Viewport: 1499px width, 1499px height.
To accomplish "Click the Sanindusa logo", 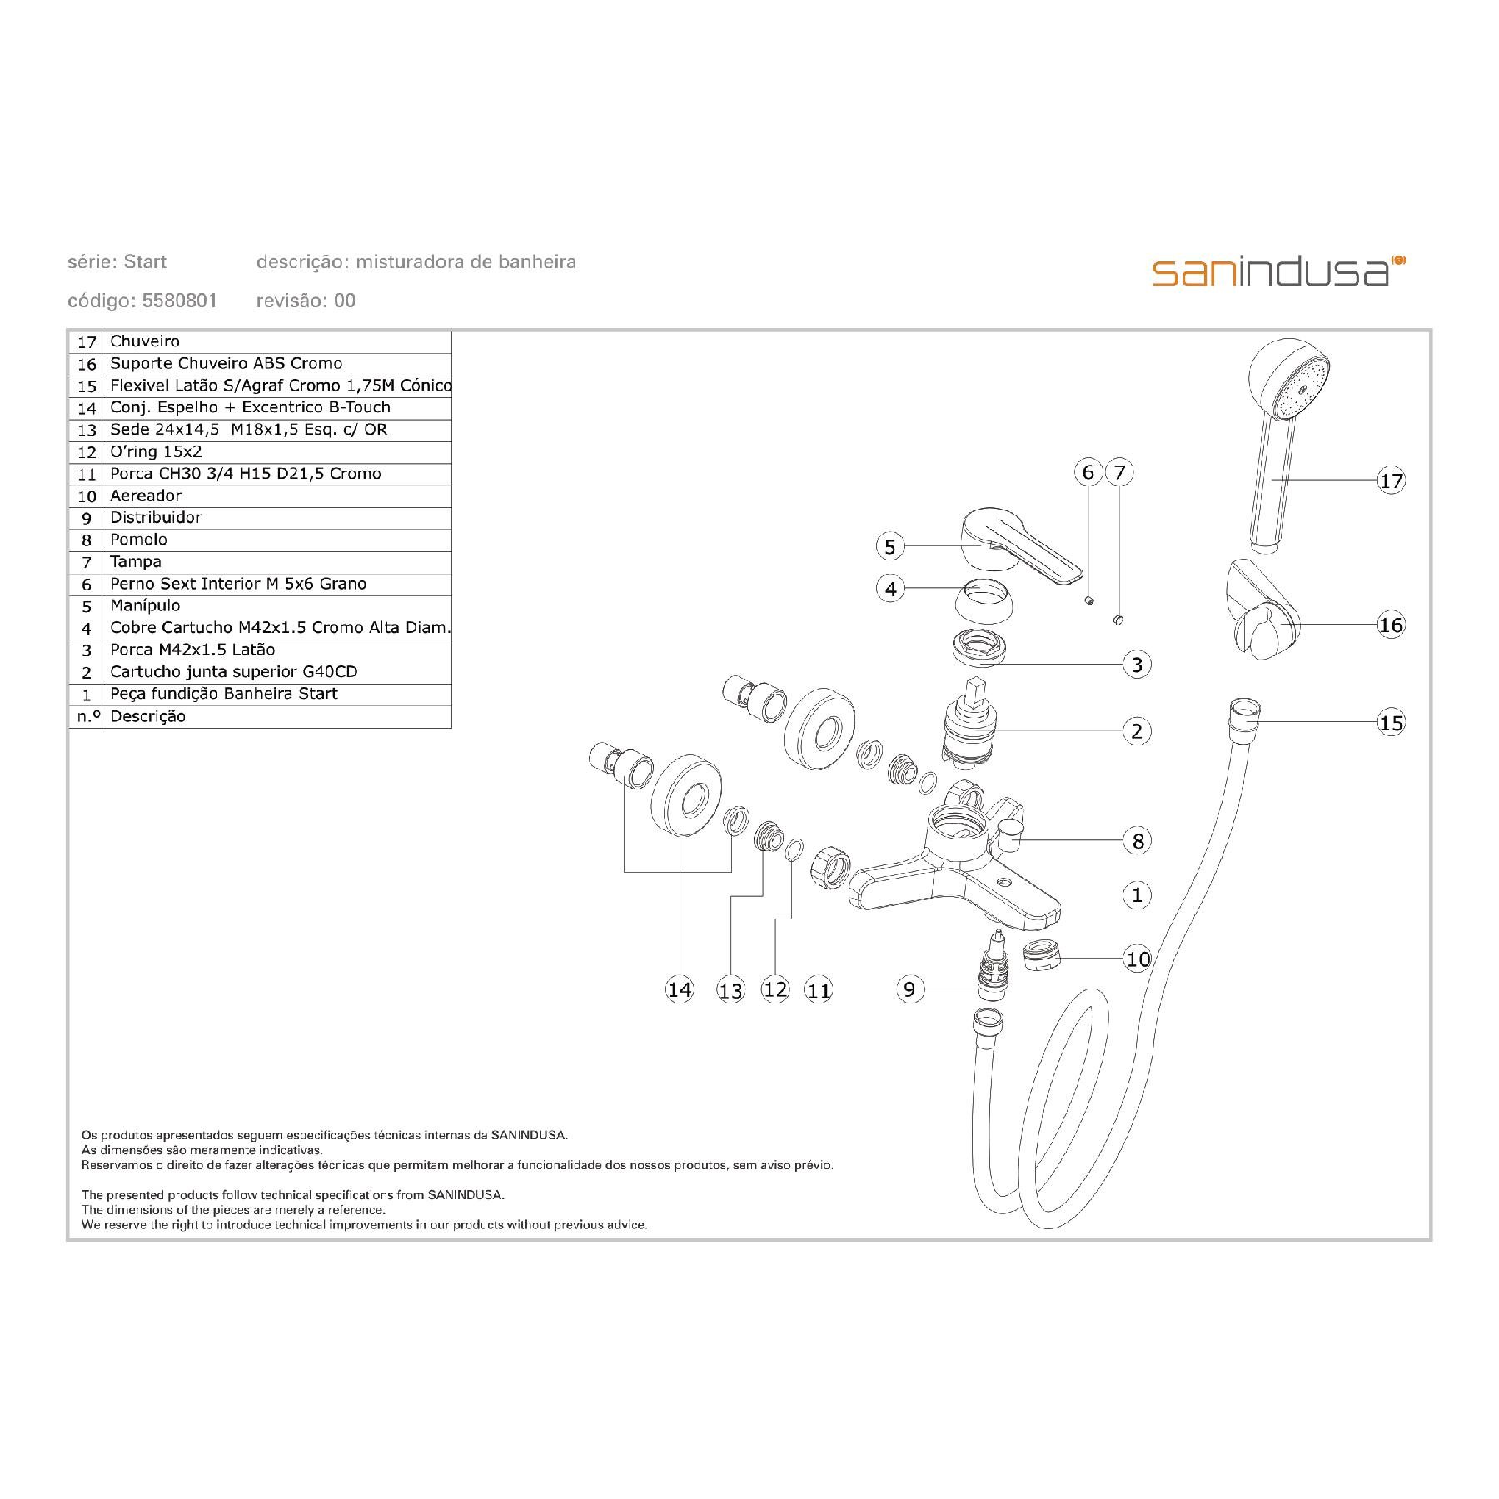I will (1278, 272).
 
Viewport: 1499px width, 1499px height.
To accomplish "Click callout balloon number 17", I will (1392, 481).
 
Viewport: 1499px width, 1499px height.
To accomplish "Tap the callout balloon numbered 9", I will (909, 989).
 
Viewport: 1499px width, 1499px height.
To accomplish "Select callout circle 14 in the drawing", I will (680, 989).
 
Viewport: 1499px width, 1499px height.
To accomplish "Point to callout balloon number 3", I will (1137, 665).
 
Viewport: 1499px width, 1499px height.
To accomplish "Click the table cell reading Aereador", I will (146, 496).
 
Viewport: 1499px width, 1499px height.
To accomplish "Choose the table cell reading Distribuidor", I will (156, 518).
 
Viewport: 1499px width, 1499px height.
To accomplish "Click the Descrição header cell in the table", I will (148, 716).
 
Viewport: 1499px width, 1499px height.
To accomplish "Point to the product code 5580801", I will (180, 301).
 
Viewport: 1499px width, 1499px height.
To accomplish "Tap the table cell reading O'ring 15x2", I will (156, 452).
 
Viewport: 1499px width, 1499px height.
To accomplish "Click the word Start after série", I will (145, 262).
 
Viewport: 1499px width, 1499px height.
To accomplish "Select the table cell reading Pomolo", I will (138, 540).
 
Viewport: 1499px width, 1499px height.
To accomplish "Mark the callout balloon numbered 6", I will (1088, 472).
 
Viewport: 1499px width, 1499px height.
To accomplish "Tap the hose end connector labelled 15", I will (1244, 716).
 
